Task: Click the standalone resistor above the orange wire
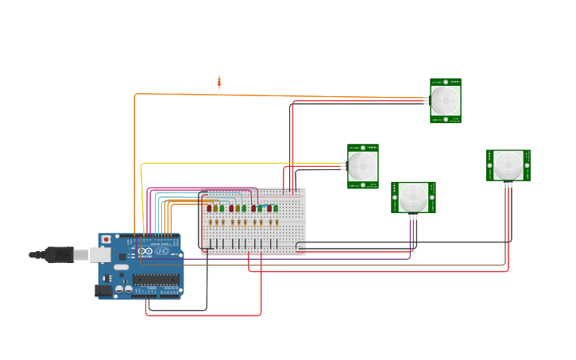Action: pos(219,81)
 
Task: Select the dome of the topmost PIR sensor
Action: pos(446,101)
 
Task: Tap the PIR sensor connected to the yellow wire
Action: pos(363,166)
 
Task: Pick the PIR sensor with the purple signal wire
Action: pos(413,197)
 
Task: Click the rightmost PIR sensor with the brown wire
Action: pos(508,165)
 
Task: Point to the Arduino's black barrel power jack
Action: pos(103,291)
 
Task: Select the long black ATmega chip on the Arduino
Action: pos(156,279)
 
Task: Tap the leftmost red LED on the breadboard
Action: pos(209,208)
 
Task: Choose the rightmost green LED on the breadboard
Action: pos(276,208)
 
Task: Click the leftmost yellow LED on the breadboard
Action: pos(215,208)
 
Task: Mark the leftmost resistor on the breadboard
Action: pos(210,223)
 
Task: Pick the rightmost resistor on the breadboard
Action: pos(276,223)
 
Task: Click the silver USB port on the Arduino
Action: pos(100,254)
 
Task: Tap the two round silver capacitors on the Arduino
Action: pos(123,290)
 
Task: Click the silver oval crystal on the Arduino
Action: pos(122,267)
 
